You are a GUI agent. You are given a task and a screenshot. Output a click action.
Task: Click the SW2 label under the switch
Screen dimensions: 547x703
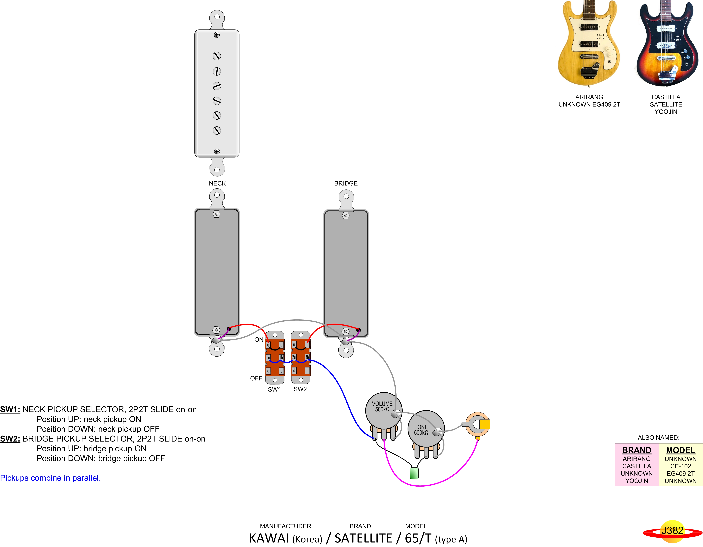tap(300, 389)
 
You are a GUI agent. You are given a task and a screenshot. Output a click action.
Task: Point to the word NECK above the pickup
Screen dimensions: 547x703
tap(217, 183)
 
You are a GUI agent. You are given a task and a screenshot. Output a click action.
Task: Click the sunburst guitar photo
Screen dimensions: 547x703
tap(666, 43)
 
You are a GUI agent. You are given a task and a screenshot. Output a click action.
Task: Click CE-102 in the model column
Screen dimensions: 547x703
tap(681, 466)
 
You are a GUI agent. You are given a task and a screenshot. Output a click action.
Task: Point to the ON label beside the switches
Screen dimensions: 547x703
tap(259, 340)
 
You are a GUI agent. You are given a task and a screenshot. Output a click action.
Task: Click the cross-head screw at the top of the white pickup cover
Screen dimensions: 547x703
tap(217, 35)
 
